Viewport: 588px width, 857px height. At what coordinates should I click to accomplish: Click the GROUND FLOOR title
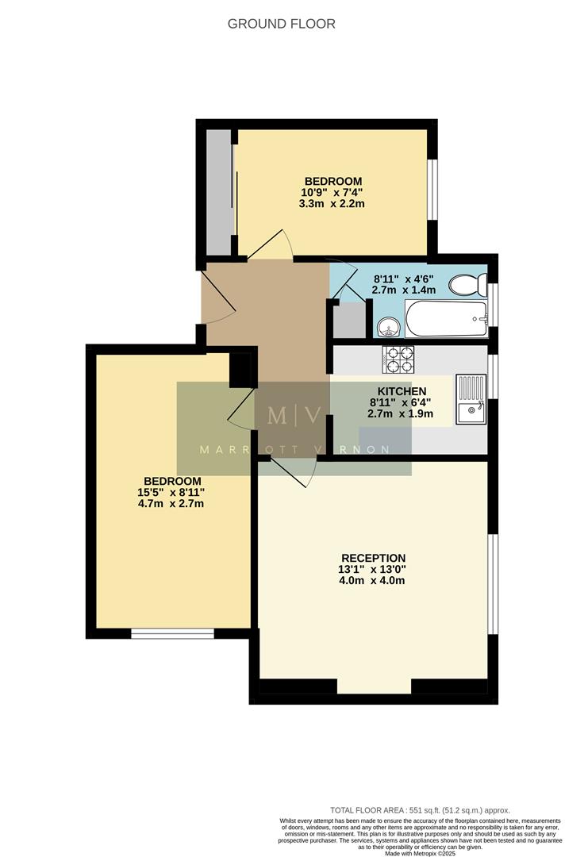point(281,24)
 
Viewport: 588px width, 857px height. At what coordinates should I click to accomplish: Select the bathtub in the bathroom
point(445,319)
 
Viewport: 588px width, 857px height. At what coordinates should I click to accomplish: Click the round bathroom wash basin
point(389,325)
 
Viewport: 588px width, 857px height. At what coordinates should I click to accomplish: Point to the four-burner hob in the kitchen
point(398,359)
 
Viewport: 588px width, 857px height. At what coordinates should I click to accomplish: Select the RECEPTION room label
point(373,558)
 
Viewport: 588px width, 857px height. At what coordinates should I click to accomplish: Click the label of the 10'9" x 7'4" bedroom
point(332,181)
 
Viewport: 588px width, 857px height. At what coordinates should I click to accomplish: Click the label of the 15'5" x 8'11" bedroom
point(172,482)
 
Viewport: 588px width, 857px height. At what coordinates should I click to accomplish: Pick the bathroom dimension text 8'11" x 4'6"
point(405,279)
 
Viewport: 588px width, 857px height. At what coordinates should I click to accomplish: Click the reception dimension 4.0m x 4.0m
point(373,580)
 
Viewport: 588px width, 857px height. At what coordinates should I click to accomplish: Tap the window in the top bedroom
point(432,189)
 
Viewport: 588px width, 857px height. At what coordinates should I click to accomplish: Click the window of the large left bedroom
point(172,632)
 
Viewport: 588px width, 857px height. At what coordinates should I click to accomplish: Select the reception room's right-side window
point(492,584)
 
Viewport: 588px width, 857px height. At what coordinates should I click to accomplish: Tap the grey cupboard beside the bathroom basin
point(347,320)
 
